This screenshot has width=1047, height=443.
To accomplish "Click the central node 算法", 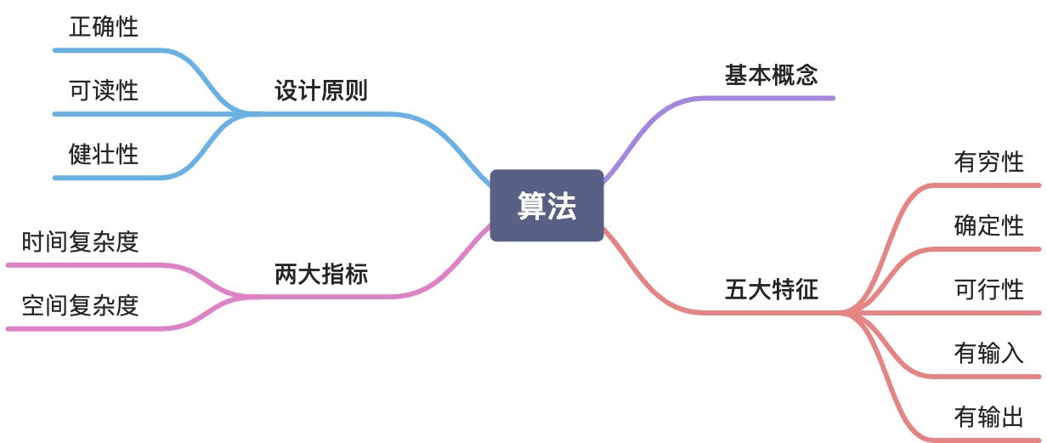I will tap(546, 206).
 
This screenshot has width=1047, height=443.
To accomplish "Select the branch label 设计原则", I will tap(321, 91).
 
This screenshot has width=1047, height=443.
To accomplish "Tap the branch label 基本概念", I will tap(771, 75).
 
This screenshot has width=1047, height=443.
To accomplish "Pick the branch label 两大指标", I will tap(321, 275).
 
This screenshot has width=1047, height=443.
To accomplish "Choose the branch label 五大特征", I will tap(771, 290).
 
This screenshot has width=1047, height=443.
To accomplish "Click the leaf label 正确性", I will tap(104, 27).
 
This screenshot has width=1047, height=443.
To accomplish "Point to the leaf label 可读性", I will tap(104, 90).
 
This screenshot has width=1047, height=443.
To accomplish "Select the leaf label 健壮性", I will tap(104, 154).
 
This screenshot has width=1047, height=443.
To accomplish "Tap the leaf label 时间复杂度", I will tap(80, 242).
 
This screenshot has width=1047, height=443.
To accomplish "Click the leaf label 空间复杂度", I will tap(80, 305).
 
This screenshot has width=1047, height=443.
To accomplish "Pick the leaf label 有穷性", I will tap(989, 162).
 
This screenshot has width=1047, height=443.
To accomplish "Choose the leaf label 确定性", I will tap(989, 225).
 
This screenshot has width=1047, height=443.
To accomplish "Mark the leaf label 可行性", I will tap(989, 289).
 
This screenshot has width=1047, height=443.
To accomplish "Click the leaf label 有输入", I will tap(989, 352).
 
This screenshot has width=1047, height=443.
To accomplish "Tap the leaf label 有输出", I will tap(989, 417).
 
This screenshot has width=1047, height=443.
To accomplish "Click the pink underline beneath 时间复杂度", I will tap(85, 265).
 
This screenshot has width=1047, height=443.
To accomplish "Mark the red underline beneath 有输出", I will tap(986, 440).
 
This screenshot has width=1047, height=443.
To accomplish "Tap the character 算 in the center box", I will tap(532, 206).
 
